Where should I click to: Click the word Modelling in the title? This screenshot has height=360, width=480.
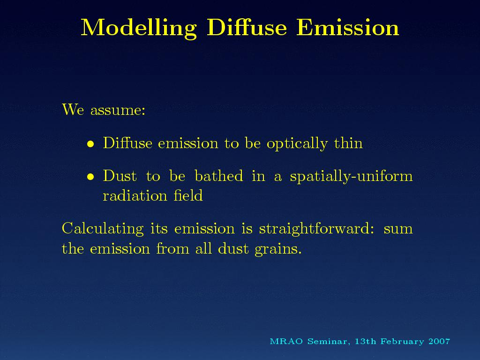tap(139, 28)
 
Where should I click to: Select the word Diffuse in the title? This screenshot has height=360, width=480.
tap(247, 27)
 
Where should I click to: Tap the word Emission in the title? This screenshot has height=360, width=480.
tap(348, 27)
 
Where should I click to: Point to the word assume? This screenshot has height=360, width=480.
tap(118, 110)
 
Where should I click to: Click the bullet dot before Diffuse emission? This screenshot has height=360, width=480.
tap(90, 144)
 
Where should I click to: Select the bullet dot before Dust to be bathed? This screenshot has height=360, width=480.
tap(90, 177)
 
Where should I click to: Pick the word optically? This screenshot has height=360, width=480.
tap(297, 144)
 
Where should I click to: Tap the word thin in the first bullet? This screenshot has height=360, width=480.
tap(348, 143)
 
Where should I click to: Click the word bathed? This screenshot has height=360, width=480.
tap(219, 176)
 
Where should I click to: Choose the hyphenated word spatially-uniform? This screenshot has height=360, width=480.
tap(352, 177)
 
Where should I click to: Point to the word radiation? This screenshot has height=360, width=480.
tap(135, 195)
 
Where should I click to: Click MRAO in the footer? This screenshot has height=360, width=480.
tap(286, 341)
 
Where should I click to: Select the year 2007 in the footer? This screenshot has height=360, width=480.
tap(439, 341)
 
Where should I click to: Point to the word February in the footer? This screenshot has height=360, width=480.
tap(402, 342)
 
